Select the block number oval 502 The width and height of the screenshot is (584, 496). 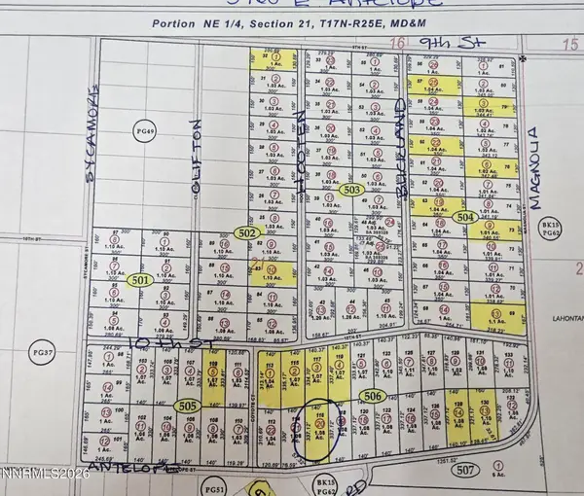247,232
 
